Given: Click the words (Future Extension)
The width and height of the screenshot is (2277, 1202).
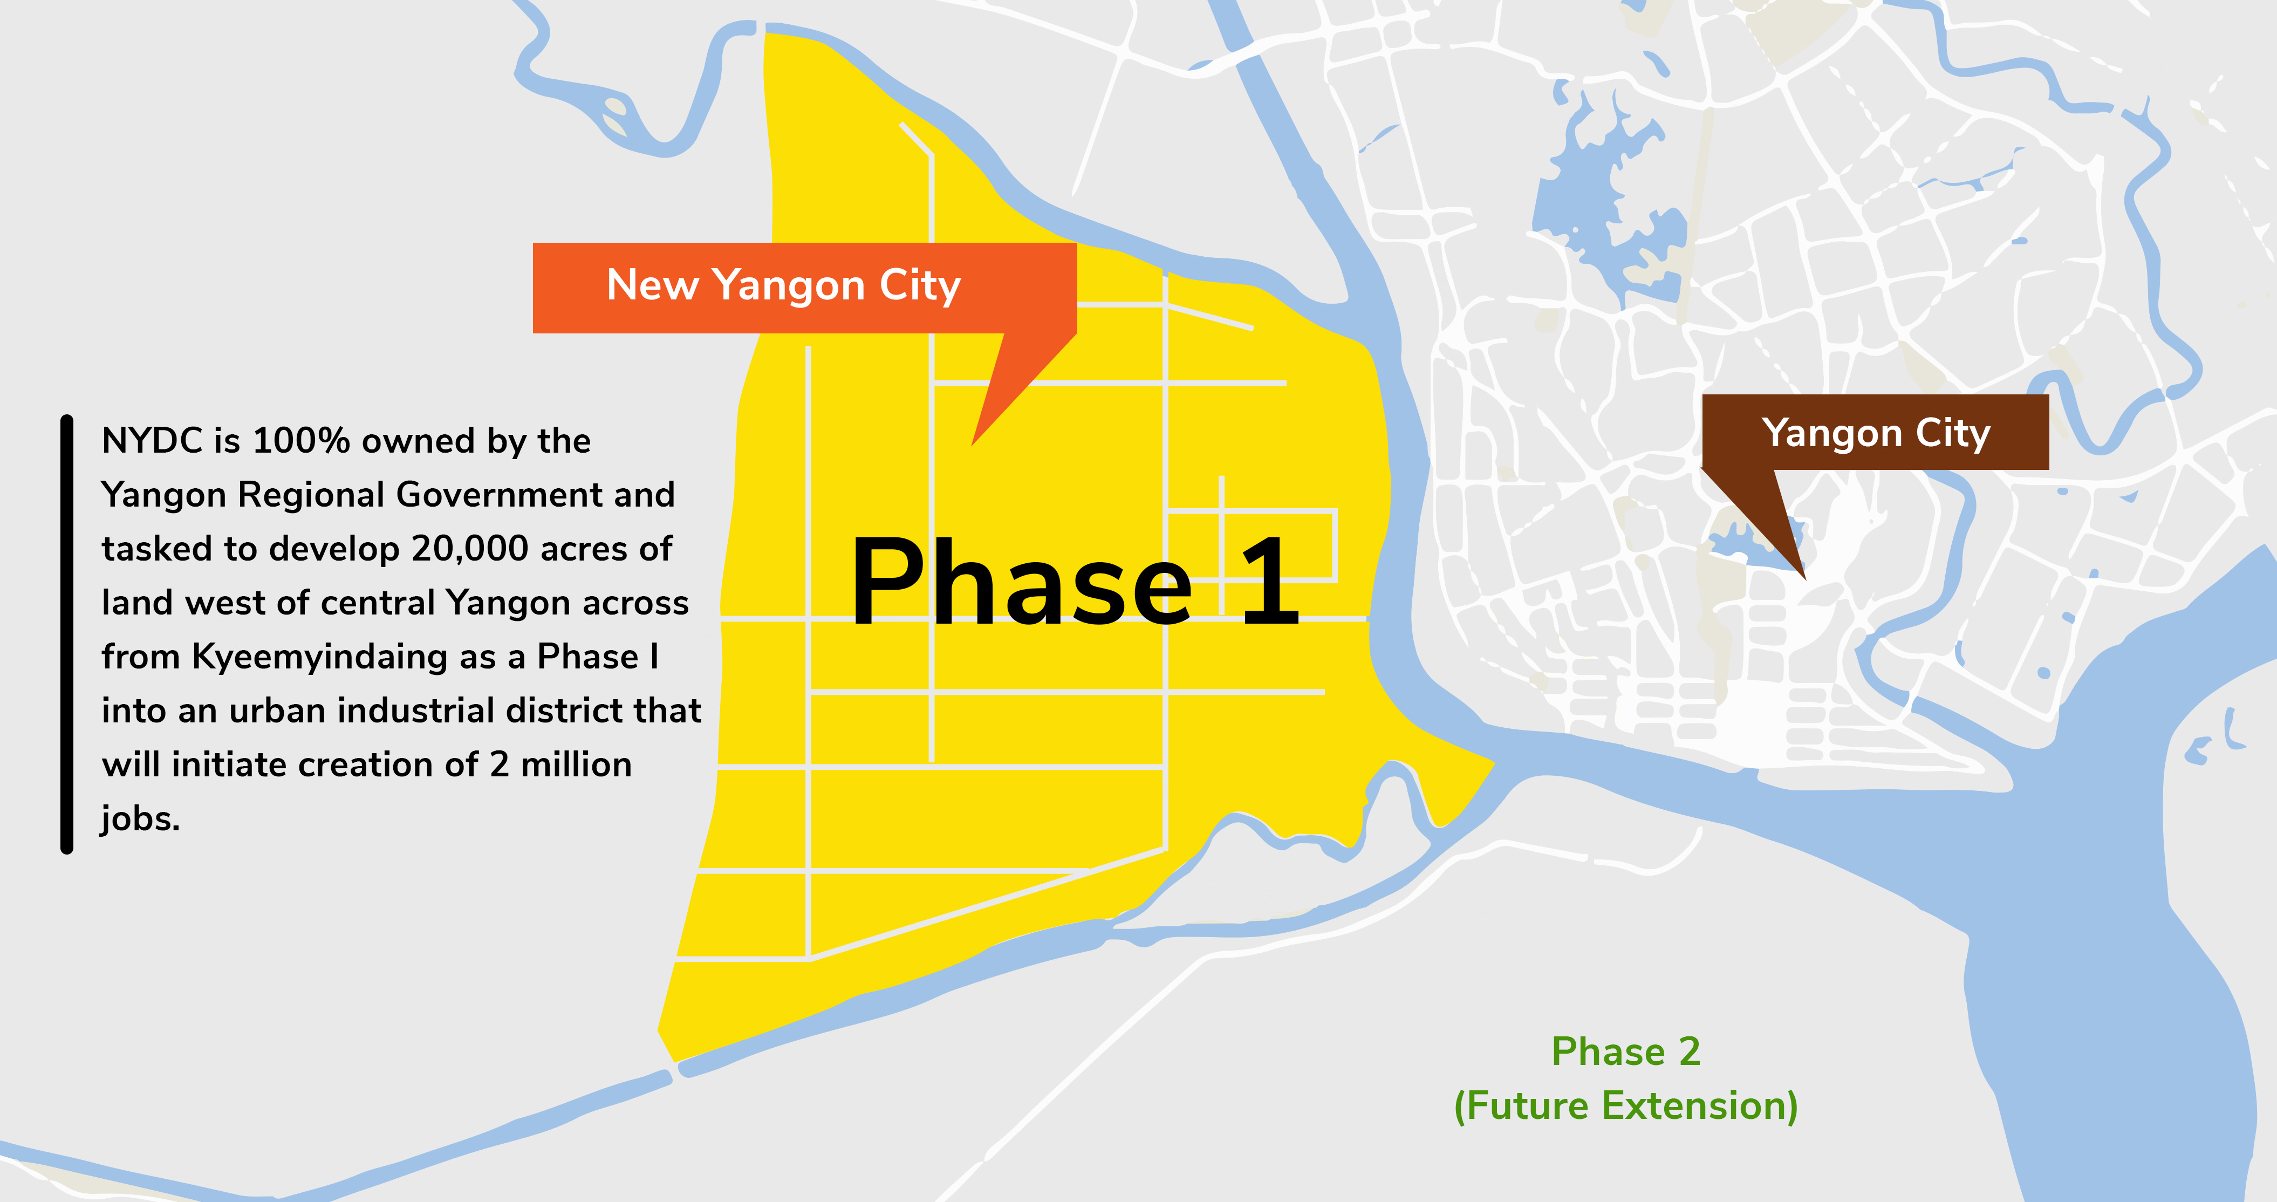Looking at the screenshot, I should point(1625,1105).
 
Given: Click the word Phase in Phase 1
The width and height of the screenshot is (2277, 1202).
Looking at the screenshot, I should point(1021,583).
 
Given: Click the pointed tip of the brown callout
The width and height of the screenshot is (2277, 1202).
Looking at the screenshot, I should point(1804,577).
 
